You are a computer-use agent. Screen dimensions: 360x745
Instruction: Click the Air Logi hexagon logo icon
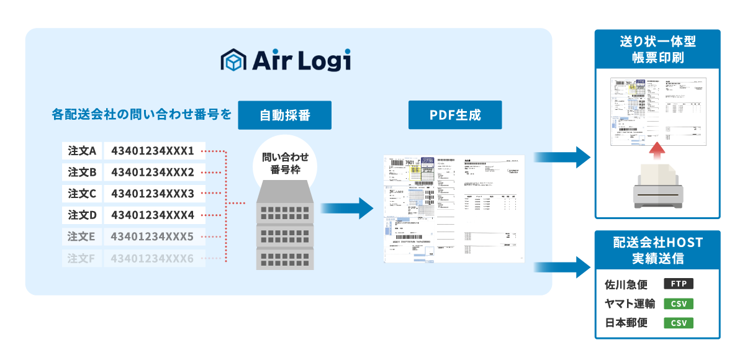(x=233, y=61)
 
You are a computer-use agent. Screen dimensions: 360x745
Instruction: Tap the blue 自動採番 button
(x=284, y=115)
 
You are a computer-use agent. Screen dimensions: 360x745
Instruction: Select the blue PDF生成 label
(x=455, y=115)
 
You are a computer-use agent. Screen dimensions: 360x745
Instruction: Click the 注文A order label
(x=82, y=151)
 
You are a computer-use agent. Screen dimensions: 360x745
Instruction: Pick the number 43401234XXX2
(x=153, y=172)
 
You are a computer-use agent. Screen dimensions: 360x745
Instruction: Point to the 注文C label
(x=82, y=194)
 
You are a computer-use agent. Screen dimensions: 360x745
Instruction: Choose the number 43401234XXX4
(x=153, y=215)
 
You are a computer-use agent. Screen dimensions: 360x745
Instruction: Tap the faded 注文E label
(x=82, y=236)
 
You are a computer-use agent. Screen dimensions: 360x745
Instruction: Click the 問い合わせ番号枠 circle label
(x=285, y=163)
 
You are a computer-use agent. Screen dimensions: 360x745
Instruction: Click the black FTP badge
(x=678, y=284)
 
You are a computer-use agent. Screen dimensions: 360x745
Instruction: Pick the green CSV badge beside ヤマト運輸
(x=678, y=304)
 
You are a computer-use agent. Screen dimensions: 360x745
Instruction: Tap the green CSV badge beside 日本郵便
(x=678, y=323)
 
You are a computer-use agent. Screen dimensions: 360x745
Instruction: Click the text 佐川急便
(x=626, y=285)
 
